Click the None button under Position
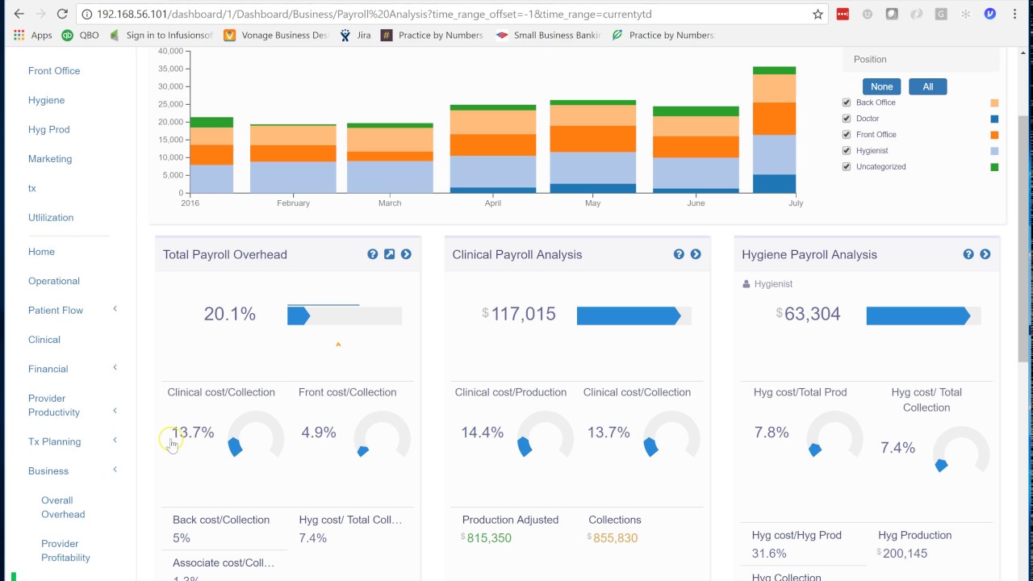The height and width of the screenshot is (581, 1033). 881,86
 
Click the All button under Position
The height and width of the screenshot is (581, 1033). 927,86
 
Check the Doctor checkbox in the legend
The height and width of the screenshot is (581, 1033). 847,119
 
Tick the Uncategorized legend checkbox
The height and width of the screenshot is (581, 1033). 847,167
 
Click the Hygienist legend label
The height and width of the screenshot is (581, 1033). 872,151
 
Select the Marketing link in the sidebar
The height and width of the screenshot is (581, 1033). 50,159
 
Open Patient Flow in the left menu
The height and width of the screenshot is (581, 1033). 56,311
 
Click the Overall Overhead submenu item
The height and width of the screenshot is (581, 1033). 63,507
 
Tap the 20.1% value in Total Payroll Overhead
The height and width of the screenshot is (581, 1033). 229,314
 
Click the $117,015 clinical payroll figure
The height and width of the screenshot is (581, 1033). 523,314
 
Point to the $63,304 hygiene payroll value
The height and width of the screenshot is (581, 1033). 812,314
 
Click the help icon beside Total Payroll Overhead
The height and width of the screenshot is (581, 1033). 372,254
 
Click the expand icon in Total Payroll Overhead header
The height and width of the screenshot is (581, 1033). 389,254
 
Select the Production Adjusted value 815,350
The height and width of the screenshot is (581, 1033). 488,538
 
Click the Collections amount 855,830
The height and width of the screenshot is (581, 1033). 615,538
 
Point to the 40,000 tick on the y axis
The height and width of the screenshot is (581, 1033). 170,51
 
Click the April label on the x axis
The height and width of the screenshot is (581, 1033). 492,203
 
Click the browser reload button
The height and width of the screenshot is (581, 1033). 62,14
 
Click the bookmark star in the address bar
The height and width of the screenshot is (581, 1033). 818,14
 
